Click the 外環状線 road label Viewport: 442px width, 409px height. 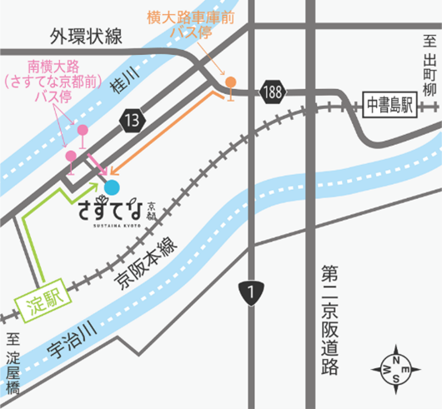coord(85,36)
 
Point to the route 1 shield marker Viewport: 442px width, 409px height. coord(252,292)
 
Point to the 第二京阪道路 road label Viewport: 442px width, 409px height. coord(328,319)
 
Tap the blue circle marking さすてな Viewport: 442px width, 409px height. coord(112,166)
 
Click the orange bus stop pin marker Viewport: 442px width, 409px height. coord(230,82)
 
